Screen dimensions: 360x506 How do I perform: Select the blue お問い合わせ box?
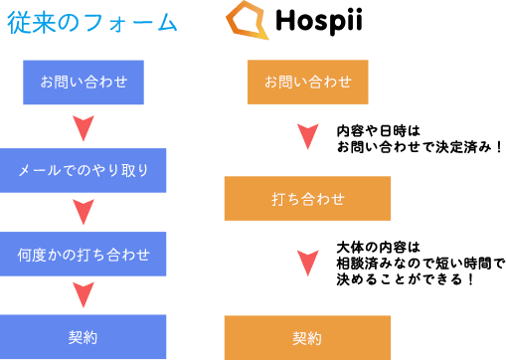click(x=84, y=82)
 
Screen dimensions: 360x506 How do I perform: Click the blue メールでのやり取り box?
click(x=84, y=170)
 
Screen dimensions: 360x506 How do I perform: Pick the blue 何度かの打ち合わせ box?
click(x=84, y=255)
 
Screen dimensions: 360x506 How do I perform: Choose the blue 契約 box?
click(x=84, y=337)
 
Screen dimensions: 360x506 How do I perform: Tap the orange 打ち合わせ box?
click(x=307, y=198)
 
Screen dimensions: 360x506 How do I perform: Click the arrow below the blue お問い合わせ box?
click(x=84, y=127)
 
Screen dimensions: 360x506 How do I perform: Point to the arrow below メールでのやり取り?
click(x=84, y=212)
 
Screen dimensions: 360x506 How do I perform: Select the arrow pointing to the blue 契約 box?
click(x=84, y=294)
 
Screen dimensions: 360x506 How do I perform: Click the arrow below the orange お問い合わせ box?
click(x=307, y=135)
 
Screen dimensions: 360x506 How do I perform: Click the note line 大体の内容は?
click(x=379, y=247)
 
